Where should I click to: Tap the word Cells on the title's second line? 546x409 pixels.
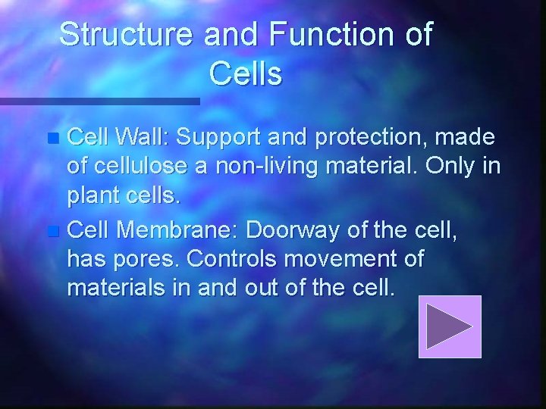click(x=244, y=74)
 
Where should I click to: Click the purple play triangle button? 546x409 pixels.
click(x=450, y=326)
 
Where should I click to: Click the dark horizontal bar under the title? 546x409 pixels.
click(x=99, y=100)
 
